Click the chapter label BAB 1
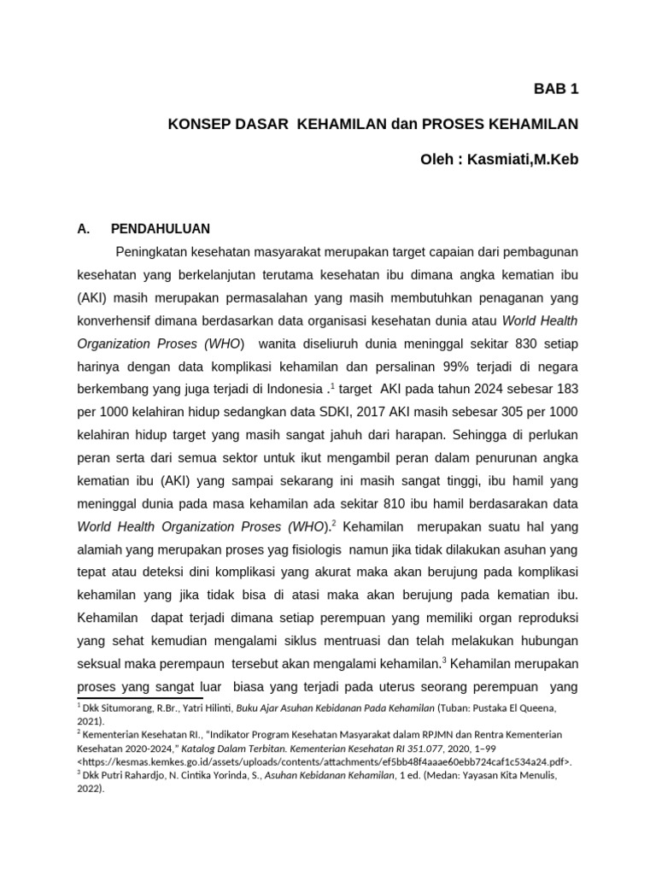[x=556, y=88]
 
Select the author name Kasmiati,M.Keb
[x=524, y=160]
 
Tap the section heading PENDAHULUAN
[x=160, y=229]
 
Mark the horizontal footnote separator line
[x=128, y=698]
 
